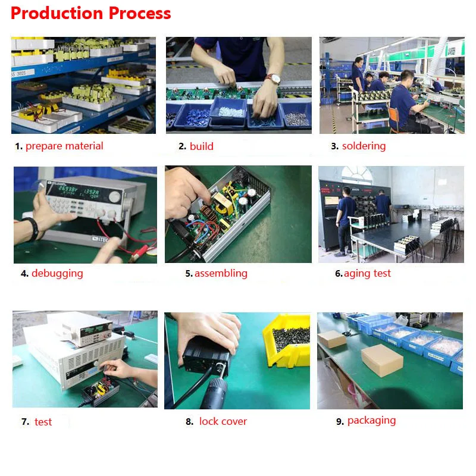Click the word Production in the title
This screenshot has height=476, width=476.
coord(57,13)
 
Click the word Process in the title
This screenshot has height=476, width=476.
coord(140,13)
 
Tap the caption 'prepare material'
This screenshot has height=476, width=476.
coord(64,146)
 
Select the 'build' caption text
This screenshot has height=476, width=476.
coord(202,146)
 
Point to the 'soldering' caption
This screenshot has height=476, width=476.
coord(364,146)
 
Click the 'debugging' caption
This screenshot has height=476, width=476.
coord(57,274)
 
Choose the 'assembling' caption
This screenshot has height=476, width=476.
coord(221,273)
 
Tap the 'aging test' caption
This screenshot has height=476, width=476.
coord(367,274)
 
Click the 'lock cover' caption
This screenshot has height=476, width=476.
coord(223,421)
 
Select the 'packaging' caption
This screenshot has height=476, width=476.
coord(371,421)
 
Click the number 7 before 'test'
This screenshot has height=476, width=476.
coord(24,422)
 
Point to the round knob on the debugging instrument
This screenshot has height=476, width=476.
coord(115,197)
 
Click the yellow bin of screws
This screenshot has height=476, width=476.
coord(287,340)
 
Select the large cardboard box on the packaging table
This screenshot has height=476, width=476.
coord(382,361)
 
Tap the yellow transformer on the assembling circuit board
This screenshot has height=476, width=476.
coord(223,203)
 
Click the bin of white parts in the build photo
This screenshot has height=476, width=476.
coord(228,111)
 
